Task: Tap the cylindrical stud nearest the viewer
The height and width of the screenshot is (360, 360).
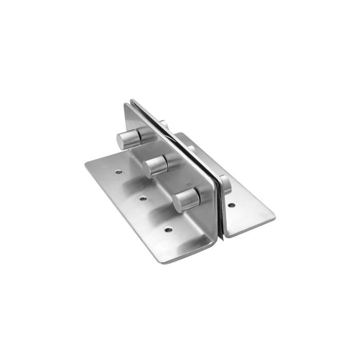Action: tap(186, 199)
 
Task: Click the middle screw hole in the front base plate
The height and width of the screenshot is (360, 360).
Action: tap(143, 198)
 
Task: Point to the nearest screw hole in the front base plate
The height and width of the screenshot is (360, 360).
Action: tap(168, 229)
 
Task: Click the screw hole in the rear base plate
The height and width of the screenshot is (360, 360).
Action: tap(231, 205)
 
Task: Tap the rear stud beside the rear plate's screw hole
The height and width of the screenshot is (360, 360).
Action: tap(225, 184)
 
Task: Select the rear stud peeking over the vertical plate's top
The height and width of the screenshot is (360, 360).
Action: tap(164, 124)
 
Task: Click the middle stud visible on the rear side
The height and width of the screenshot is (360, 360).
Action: tap(191, 150)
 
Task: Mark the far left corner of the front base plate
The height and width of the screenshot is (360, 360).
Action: tap(85, 165)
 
